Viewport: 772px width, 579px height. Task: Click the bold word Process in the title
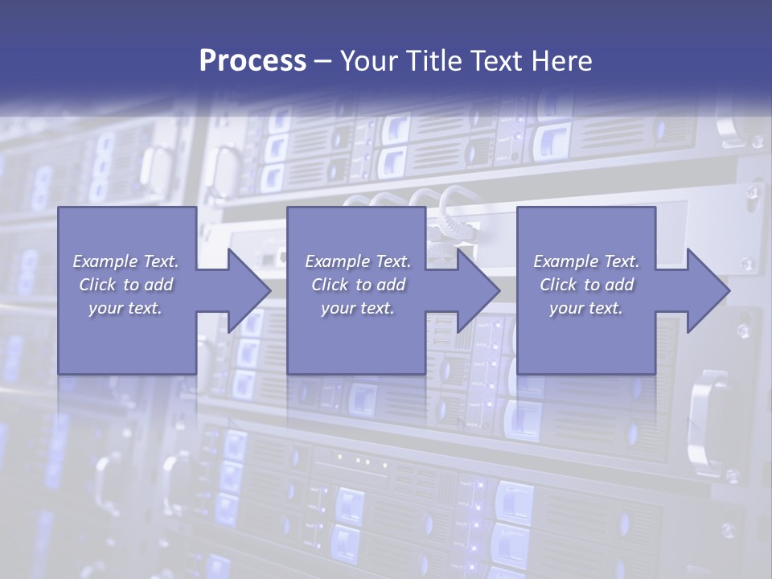point(253,61)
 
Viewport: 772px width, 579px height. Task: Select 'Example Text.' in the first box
point(126,261)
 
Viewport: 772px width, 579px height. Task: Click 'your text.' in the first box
point(126,308)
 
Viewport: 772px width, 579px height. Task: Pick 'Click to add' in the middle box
point(358,285)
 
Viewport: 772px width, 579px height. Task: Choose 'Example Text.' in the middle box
point(358,261)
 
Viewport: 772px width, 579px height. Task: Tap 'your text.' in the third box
point(586,308)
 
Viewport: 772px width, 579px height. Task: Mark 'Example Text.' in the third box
point(586,261)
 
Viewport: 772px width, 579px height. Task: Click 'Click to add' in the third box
point(586,285)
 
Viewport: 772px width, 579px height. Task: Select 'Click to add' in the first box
point(126,285)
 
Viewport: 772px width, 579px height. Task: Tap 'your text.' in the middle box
point(358,308)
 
